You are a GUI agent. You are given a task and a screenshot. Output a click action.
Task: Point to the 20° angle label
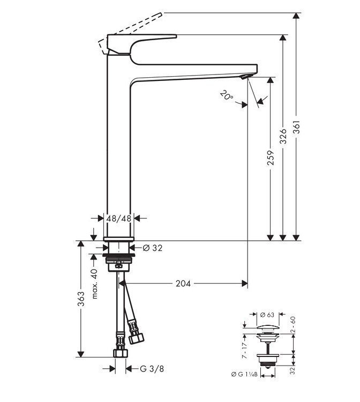[x=226, y=97]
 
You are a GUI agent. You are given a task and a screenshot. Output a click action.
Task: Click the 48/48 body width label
[x=119, y=218]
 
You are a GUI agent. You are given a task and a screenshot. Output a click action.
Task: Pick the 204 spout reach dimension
[x=183, y=283]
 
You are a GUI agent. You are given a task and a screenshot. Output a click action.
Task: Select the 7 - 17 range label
[x=243, y=348]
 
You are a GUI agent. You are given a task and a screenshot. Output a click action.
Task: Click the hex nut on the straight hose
[x=121, y=354]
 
